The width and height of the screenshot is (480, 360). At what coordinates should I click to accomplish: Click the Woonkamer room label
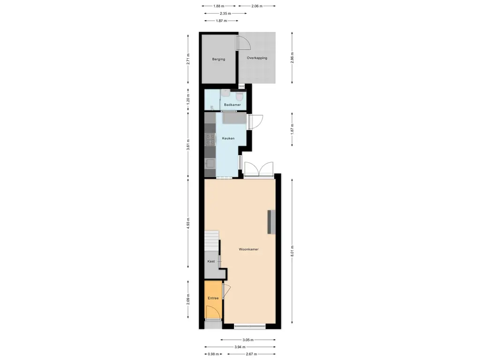point(248,249)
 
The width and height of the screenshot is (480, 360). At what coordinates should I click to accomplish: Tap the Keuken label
point(228,138)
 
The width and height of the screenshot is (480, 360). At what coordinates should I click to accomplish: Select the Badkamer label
point(232,105)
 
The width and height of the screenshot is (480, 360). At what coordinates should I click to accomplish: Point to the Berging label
point(218,59)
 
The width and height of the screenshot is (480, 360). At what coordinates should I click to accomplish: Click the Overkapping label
point(257,58)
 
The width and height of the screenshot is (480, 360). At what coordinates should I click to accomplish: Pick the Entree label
point(213,298)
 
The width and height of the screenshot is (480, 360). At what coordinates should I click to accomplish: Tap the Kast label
point(211,262)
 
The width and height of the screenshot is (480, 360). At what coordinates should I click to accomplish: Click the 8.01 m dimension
point(292,251)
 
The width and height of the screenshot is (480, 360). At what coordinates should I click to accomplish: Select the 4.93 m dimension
point(188,223)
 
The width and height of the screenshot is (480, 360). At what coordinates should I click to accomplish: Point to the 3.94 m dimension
point(240,347)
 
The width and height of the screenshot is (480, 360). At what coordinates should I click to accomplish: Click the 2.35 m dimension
point(225,14)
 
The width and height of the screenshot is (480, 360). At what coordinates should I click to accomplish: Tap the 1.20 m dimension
point(188,99)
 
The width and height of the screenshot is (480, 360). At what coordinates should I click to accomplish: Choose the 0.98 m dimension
point(213,354)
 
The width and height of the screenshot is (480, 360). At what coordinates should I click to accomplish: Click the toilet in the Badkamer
point(240,96)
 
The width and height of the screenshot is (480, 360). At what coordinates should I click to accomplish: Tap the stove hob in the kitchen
point(210,139)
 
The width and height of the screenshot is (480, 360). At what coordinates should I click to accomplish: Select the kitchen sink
point(210,164)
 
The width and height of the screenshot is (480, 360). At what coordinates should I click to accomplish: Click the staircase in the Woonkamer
point(212,240)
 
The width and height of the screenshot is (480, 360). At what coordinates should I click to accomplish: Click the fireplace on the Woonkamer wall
point(271,222)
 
